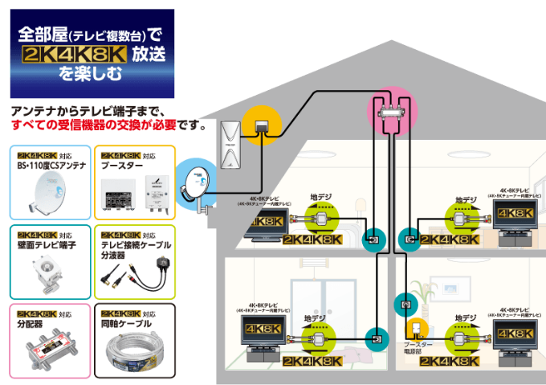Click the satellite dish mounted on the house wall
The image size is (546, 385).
click(193, 183)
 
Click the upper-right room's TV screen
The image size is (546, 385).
click(514, 214)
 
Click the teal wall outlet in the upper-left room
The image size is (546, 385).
click(372, 239)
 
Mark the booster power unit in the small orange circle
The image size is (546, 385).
click(415, 330)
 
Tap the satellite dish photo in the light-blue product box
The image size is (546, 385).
click(45, 194)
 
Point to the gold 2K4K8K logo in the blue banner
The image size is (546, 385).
click(75, 57)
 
